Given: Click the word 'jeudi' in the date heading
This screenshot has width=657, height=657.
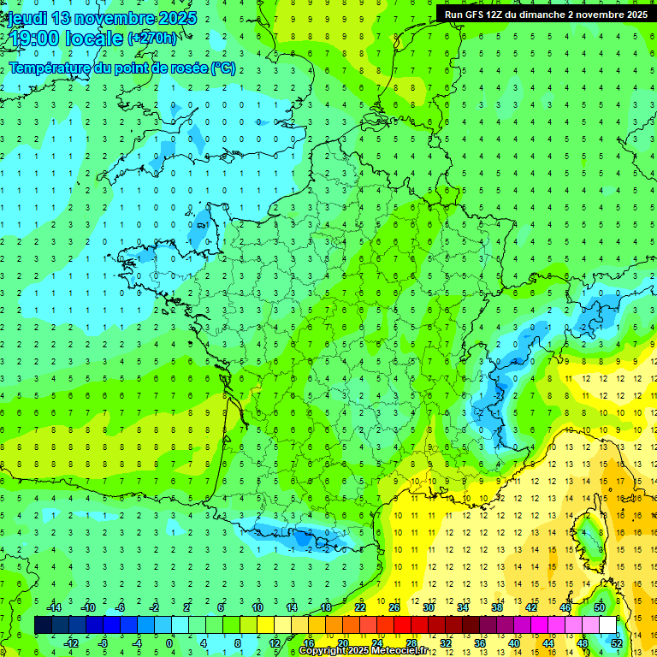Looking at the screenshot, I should pos(27,18).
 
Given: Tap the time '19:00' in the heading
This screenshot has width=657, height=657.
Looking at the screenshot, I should pos(29,38).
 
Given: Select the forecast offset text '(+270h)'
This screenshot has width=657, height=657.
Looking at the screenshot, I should pos(152,38).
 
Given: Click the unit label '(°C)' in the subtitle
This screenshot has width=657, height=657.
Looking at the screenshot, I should pos(223,68).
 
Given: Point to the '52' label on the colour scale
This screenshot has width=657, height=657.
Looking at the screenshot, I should pos(617,643).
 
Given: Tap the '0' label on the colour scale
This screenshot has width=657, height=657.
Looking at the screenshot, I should pos(169,643).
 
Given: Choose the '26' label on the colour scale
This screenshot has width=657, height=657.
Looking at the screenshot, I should pos(394,607).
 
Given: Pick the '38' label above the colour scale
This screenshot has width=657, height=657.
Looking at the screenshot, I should pos(497,607).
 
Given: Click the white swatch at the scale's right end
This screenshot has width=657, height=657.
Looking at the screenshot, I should pos(607,625).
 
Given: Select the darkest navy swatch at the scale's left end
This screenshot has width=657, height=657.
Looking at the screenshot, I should pos(43,625).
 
